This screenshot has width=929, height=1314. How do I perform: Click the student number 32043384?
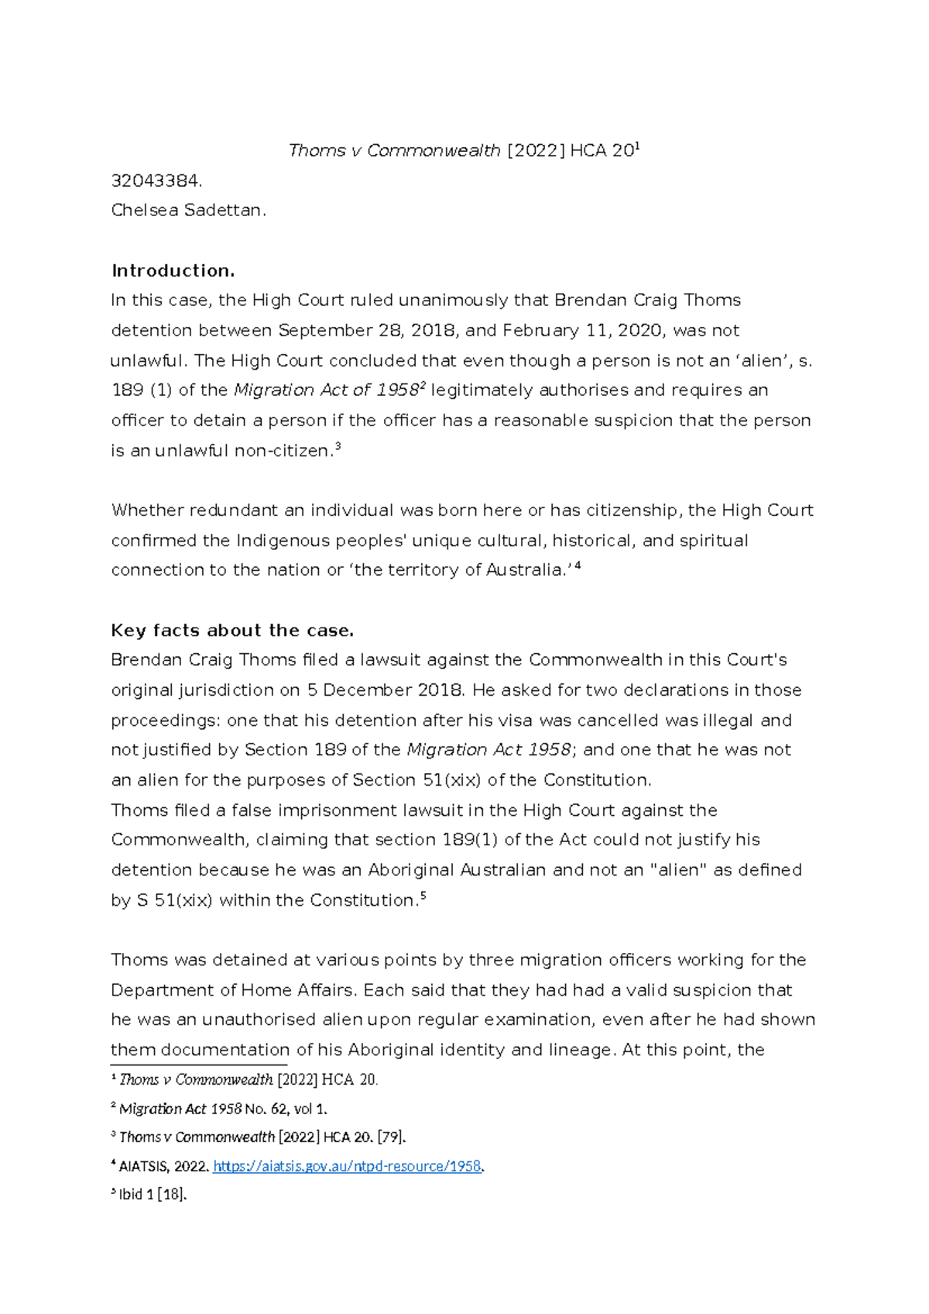156,181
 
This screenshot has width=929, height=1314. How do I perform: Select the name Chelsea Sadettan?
188,210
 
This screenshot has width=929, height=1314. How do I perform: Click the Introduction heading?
173,270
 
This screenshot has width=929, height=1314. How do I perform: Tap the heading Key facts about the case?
232,630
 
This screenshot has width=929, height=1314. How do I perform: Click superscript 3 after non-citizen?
338,447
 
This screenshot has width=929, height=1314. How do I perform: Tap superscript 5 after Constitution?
423,896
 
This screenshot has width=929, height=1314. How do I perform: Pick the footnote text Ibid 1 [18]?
152,1195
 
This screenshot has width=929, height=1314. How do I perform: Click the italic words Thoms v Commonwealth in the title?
394,150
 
